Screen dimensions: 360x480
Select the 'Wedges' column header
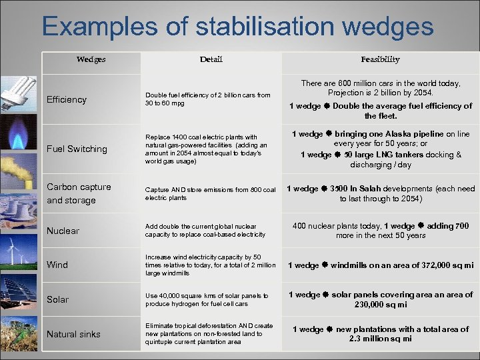point(91,59)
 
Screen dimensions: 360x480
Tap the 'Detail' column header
point(211,59)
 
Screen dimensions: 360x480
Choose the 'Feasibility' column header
point(380,59)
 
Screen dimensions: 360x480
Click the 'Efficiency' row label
point(67,100)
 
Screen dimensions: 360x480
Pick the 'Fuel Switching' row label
point(77,149)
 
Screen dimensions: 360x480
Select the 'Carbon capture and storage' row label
point(79,193)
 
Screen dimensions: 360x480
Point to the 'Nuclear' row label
point(63,231)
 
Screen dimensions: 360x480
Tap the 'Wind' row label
point(57,265)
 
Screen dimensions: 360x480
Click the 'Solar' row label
point(57,300)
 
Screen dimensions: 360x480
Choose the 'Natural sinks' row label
point(73,334)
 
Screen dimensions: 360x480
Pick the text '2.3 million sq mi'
point(380,339)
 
